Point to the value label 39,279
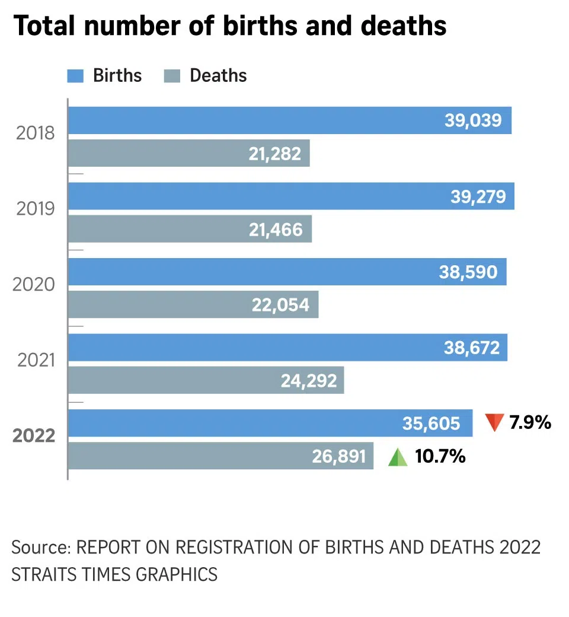[x=478, y=196]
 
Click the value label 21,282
[x=274, y=154]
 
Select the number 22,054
[x=280, y=305]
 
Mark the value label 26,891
[x=338, y=456]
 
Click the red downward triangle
[x=494, y=422]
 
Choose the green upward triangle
[x=398, y=457]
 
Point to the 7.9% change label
[x=530, y=423]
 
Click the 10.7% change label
[x=439, y=457]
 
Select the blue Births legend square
[x=75, y=76]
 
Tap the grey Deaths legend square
[x=172, y=76]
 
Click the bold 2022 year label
[x=34, y=436]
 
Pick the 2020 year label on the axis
[x=34, y=285]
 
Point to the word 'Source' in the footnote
[x=38, y=546]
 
